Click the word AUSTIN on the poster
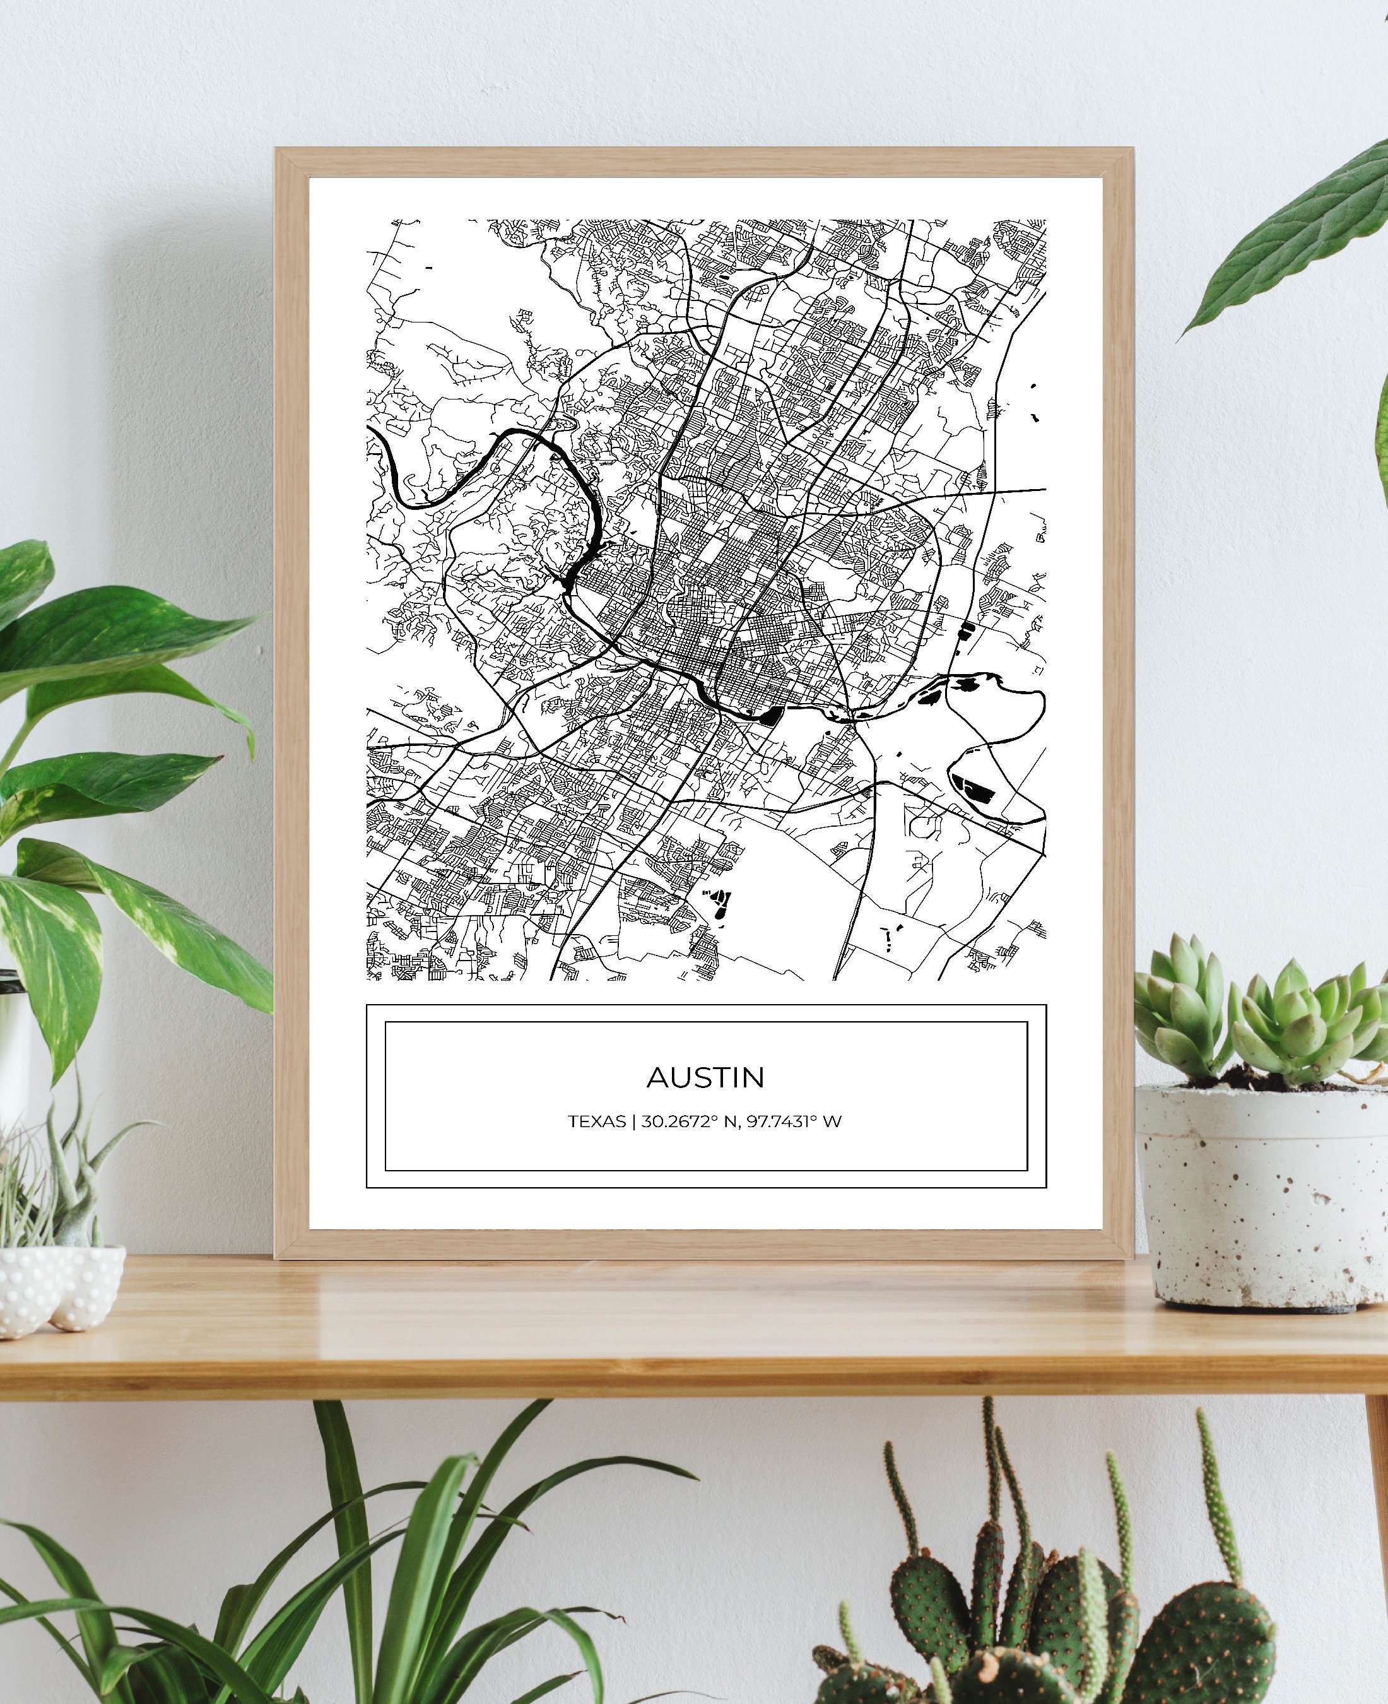pyautogui.click(x=705, y=1077)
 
